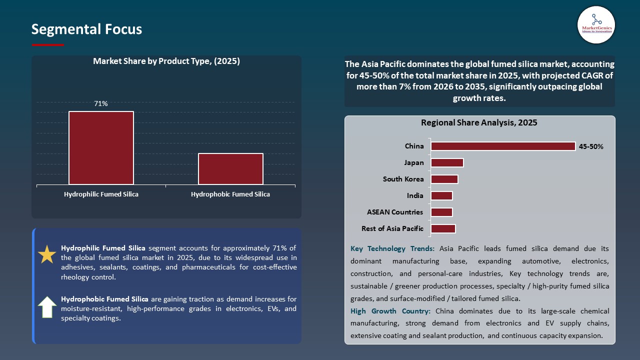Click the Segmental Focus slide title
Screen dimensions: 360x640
point(86,29)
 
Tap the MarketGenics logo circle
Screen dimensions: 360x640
point(596,24)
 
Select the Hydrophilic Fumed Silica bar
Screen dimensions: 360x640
point(101,148)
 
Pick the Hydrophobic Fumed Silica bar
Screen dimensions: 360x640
point(230,169)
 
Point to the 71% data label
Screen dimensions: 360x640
point(101,104)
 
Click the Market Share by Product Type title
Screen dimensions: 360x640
point(166,61)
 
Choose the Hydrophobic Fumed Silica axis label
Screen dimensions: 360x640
point(230,194)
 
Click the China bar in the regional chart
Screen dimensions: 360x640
point(503,146)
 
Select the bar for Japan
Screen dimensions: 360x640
point(447,163)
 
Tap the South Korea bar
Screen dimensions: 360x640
point(444,179)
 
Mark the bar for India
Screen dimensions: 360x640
point(441,196)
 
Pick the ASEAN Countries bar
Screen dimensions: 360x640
point(441,212)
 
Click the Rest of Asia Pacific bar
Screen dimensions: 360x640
point(443,229)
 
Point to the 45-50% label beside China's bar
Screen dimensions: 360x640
point(591,147)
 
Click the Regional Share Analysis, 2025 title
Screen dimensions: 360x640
point(479,123)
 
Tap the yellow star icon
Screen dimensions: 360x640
point(47,254)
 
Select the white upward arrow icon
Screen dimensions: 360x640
point(47,307)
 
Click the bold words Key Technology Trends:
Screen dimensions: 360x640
point(392,248)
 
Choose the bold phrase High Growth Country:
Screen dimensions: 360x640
point(390,311)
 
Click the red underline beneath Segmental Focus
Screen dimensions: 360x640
point(48,45)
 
